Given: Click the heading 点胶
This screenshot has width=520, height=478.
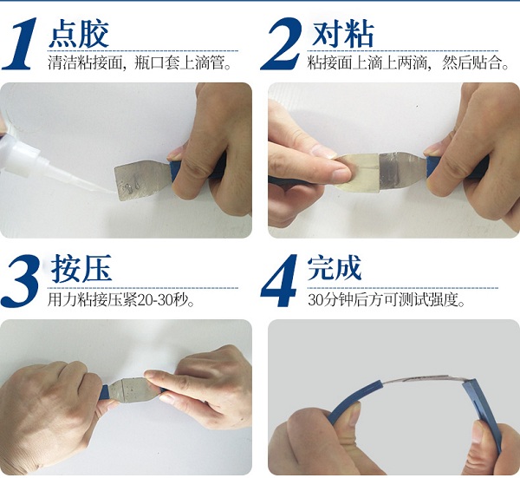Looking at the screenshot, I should [80, 34].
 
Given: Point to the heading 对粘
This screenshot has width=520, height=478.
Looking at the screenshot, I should [342, 34].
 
